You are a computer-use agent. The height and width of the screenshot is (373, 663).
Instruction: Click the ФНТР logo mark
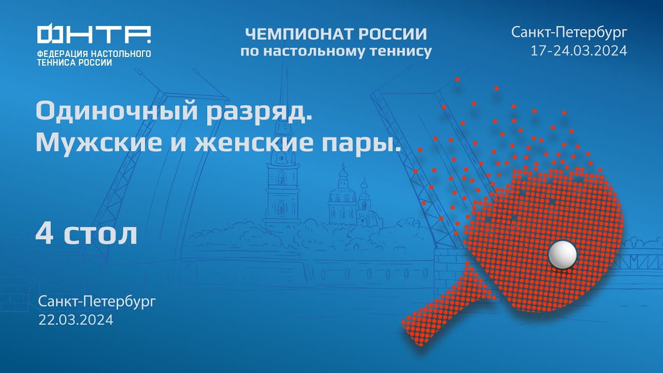pos(94,35)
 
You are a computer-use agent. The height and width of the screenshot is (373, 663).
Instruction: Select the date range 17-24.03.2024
pos(579,51)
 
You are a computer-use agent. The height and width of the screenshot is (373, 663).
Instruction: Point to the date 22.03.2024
pos(76,320)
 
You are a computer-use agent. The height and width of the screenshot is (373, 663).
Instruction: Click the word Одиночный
pos(117,112)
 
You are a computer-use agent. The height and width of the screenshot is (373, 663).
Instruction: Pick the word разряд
pos(260,112)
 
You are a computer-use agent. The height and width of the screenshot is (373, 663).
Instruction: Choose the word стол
pos(102,235)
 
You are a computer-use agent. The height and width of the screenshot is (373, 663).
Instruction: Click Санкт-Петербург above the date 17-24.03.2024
pos(569,32)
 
